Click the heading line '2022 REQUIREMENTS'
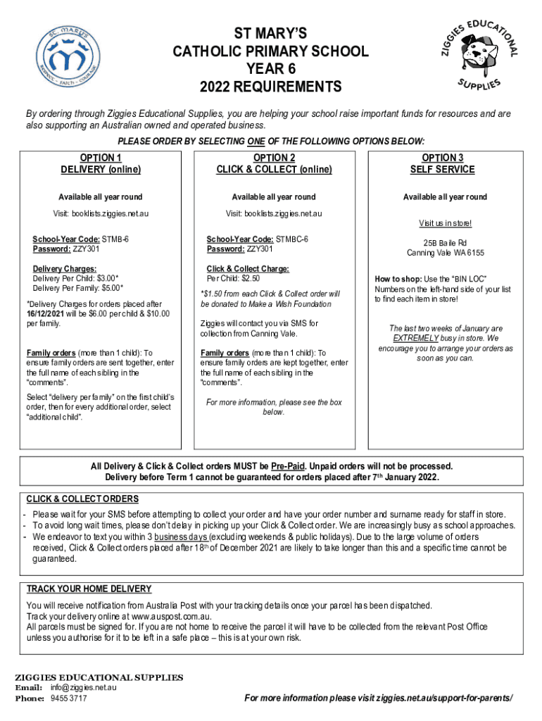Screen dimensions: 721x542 pos(271,87)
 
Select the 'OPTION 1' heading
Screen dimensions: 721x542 pos(101,158)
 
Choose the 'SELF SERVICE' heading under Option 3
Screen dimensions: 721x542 pos(443,169)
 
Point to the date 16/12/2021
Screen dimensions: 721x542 pos(49,313)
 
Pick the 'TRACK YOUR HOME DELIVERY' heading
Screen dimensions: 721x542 pos(89,589)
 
